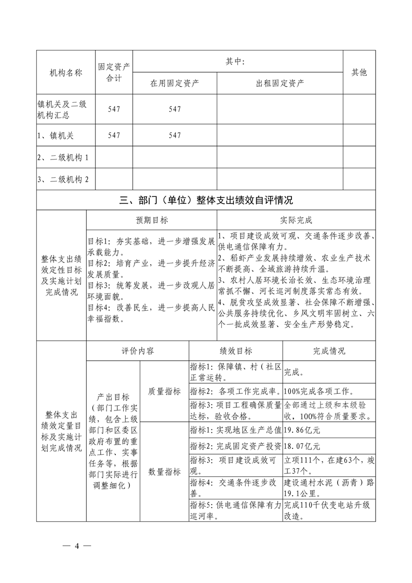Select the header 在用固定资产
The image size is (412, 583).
click(175, 83)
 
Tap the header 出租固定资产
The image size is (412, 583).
click(280, 83)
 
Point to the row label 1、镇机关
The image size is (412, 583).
click(56, 135)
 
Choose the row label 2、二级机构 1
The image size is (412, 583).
click(63, 157)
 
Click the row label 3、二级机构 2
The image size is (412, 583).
click(63, 180)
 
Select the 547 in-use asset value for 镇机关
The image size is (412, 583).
click(175, 135)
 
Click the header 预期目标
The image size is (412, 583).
click(152, 220)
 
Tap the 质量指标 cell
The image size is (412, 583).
click(165, 391)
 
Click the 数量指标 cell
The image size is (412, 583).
click(165, 472)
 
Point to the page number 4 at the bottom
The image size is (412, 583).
click(76, 546)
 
